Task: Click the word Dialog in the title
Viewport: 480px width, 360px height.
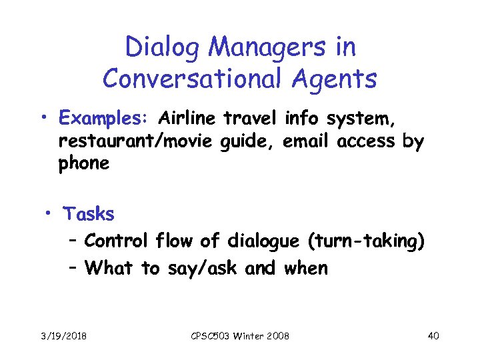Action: (157, 47)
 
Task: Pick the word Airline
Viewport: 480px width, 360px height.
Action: (187, 119)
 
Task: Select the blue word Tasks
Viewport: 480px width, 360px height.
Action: (89, 215)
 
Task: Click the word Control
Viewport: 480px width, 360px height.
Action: (117, 240)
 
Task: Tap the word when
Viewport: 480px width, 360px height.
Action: (305, 268)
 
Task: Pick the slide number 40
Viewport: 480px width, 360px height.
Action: (433, 335)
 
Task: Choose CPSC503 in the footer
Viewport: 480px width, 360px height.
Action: (209, 335)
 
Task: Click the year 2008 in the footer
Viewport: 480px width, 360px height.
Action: (277, 335)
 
